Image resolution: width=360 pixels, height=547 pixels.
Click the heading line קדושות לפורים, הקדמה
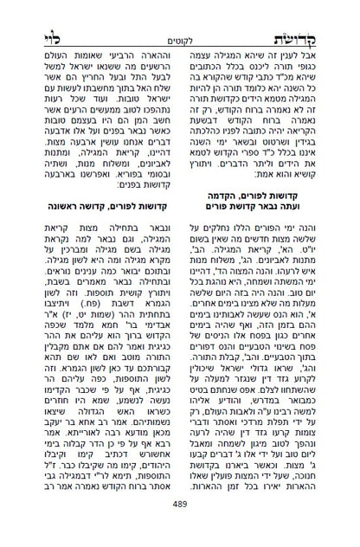tap(265, 220)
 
